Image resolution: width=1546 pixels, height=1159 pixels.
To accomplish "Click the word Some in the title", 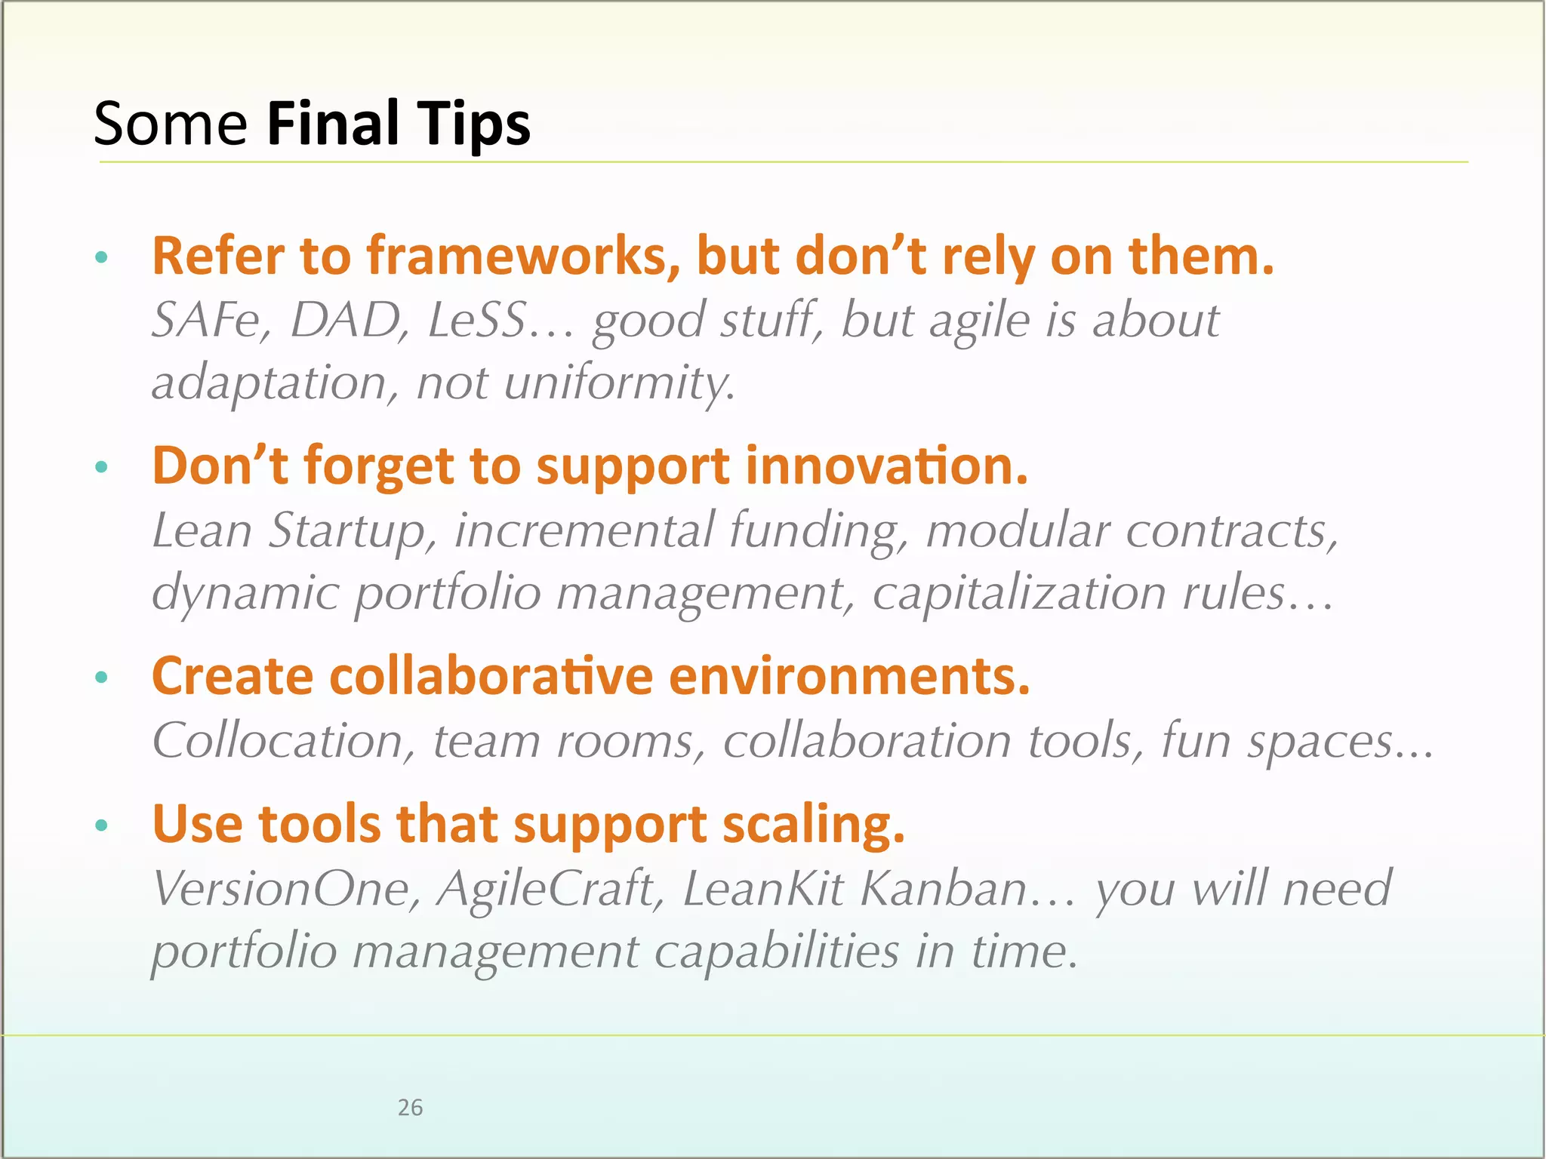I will click(x=171, y=125).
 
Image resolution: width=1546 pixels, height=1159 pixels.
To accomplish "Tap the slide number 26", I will click(x=410, y=1108).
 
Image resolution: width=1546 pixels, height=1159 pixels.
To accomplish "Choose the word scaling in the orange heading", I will click(x=813, y=824).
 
